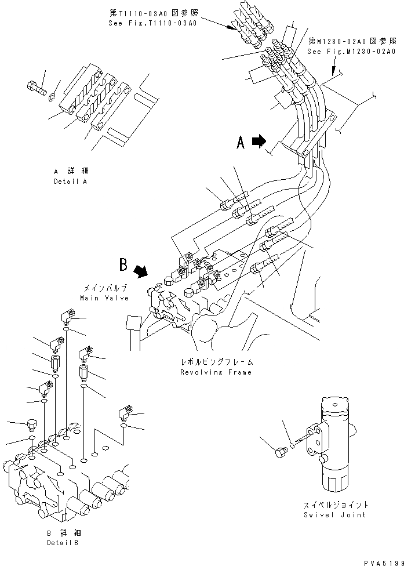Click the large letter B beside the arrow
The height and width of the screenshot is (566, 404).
123,265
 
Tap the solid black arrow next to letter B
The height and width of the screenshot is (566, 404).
141,270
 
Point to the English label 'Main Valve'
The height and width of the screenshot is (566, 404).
104,297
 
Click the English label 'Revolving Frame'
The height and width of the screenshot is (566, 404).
216,372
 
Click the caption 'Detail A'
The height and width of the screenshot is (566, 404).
70,181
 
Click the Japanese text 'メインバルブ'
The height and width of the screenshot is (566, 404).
104,288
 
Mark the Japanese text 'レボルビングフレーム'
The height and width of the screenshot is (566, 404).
216,362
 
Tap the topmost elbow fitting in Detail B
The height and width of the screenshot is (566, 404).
65,317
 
